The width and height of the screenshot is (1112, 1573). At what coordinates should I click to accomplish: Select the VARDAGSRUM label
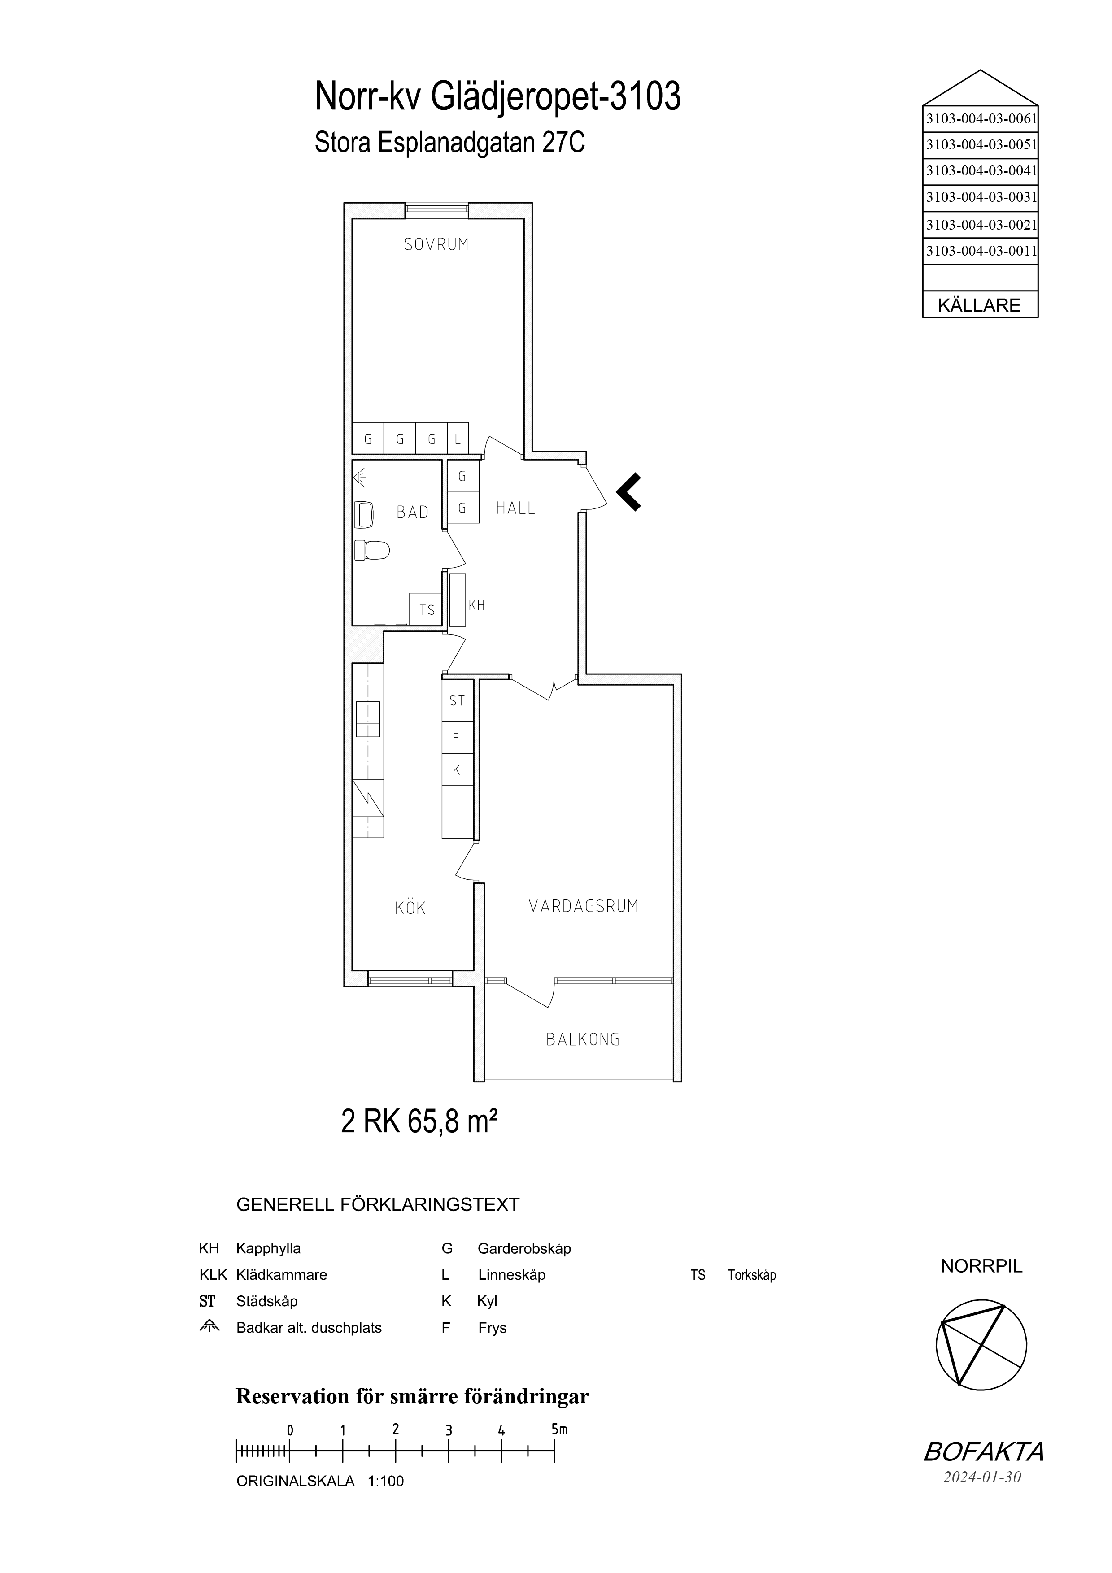583,906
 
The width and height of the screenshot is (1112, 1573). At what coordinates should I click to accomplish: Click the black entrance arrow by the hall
629,492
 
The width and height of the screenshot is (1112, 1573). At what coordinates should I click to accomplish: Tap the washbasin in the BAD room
365,514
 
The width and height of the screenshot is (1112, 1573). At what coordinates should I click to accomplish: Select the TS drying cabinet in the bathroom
426,609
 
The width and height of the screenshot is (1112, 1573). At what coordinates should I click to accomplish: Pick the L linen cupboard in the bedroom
458,439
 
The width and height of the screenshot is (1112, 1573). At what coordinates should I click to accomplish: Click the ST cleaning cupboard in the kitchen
457,700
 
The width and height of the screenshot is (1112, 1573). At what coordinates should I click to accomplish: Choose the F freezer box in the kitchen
457,738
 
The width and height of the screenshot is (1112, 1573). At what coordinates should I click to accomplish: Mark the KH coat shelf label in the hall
477,605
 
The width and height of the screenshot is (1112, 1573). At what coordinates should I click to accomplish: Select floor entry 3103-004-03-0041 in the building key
981,170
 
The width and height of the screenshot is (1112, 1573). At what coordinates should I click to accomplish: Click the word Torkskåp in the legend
752,1275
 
